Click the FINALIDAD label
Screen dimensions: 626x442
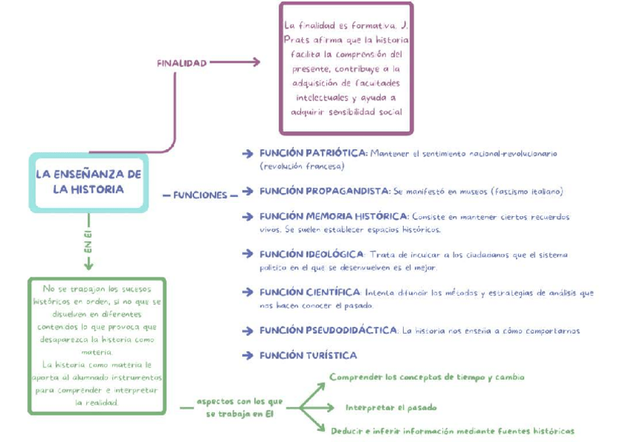(181, 63)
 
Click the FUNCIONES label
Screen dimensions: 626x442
(200, 196)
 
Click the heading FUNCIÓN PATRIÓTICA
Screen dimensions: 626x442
(313, 153)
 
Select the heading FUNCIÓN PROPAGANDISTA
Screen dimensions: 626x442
(324, 191)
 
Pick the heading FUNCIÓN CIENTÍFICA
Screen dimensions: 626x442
(309, 291)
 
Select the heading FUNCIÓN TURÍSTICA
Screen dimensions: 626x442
(308, 356)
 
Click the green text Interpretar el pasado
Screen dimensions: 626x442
(391, 407)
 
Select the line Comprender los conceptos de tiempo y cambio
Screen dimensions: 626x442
(427, 377)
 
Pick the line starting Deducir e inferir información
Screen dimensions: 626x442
(452, 431)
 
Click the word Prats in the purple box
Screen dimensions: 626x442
(297, 40)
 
